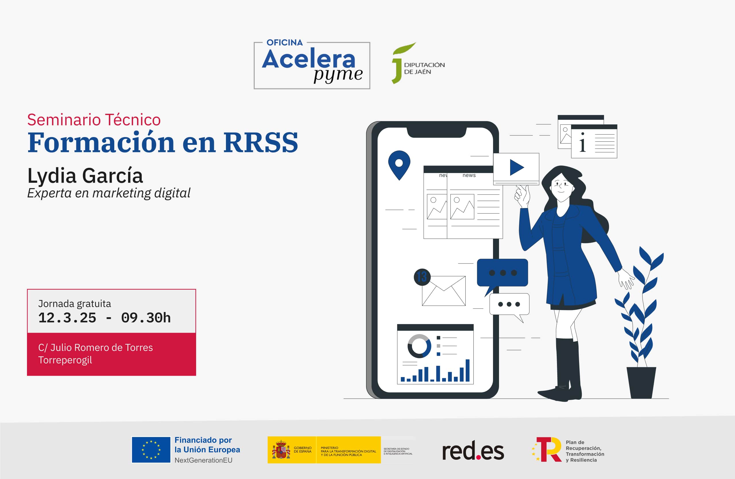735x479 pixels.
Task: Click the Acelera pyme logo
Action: [312, 65]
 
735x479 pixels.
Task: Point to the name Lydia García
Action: [85, 176]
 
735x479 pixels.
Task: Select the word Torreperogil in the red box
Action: [65, 360]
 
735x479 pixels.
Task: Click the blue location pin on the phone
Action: [399, 164]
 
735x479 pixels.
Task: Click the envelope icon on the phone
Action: [444, 291]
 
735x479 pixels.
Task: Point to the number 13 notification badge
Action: [422, 277]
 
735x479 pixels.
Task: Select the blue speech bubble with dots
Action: [502, 273]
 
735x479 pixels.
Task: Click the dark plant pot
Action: [641, 382]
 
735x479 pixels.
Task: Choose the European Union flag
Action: [151, 450]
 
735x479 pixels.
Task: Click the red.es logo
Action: [473, 451]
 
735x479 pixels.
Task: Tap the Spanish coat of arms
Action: [281, 450]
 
